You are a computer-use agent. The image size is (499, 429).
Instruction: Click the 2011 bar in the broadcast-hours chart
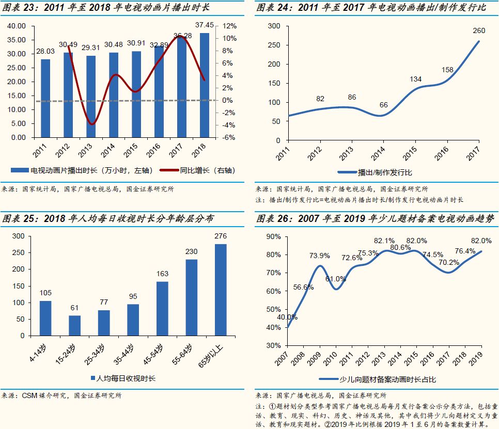46,98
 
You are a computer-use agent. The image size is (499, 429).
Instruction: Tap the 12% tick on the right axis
229,26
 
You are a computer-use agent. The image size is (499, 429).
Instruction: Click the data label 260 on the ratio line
479,30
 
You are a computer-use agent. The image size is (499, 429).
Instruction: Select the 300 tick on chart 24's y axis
275,26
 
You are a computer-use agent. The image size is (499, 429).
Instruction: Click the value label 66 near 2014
383,105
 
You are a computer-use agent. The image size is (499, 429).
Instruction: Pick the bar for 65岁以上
221,290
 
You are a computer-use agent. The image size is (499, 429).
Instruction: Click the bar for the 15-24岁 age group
75,325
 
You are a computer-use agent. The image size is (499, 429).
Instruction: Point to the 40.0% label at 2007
287,317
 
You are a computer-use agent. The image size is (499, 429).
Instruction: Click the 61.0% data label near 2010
336,279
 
